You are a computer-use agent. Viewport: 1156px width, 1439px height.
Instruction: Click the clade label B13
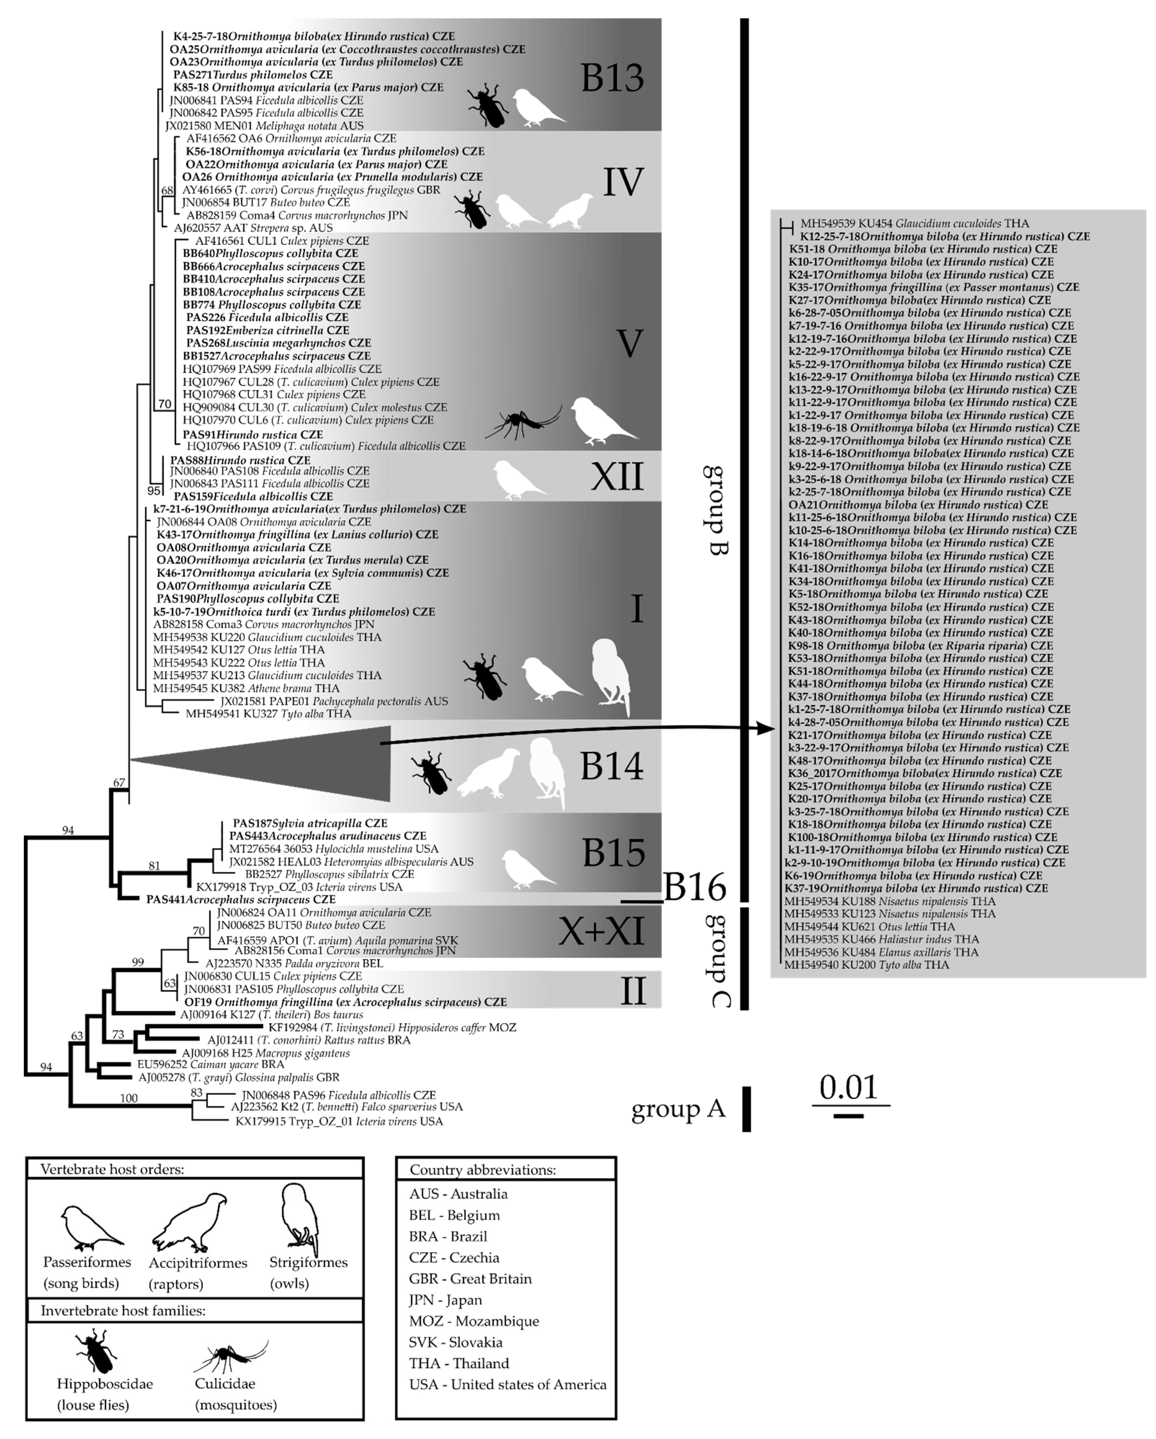click(612, 79)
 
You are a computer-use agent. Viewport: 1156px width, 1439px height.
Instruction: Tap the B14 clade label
click(611, 766)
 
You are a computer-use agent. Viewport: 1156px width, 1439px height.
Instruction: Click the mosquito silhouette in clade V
click(523, 423)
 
